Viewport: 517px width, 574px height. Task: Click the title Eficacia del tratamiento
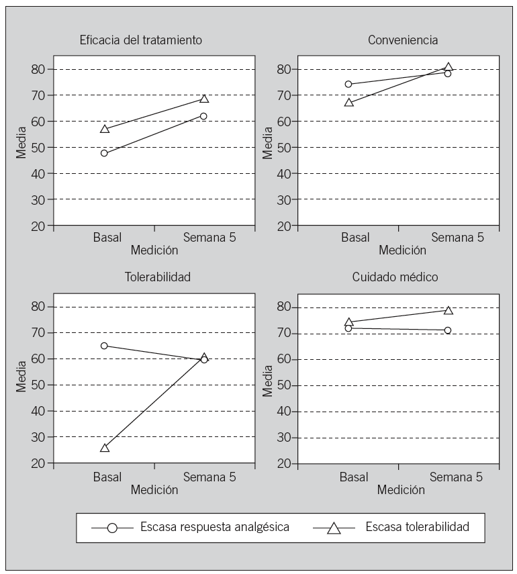coord(139,40)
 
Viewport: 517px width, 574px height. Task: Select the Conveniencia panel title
coord(403,40)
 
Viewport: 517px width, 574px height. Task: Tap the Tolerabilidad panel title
coord(154,277)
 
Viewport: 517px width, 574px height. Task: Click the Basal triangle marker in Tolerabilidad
coord(105,447)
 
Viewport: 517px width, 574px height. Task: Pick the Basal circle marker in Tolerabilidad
coord(104,346)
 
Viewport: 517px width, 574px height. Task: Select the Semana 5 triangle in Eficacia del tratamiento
coord(204,99)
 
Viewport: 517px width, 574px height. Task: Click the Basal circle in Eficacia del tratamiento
coord(104,153)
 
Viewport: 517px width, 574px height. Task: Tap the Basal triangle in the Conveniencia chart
coord(348,102)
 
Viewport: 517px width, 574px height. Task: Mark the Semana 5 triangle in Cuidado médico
coord(448,310)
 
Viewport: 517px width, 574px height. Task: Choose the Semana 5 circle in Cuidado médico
coord(448,330)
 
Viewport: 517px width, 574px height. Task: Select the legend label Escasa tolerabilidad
coord(417,527)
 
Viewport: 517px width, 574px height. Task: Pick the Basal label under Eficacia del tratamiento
coord(107,238)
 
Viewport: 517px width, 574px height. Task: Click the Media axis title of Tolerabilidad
coord(22,379)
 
